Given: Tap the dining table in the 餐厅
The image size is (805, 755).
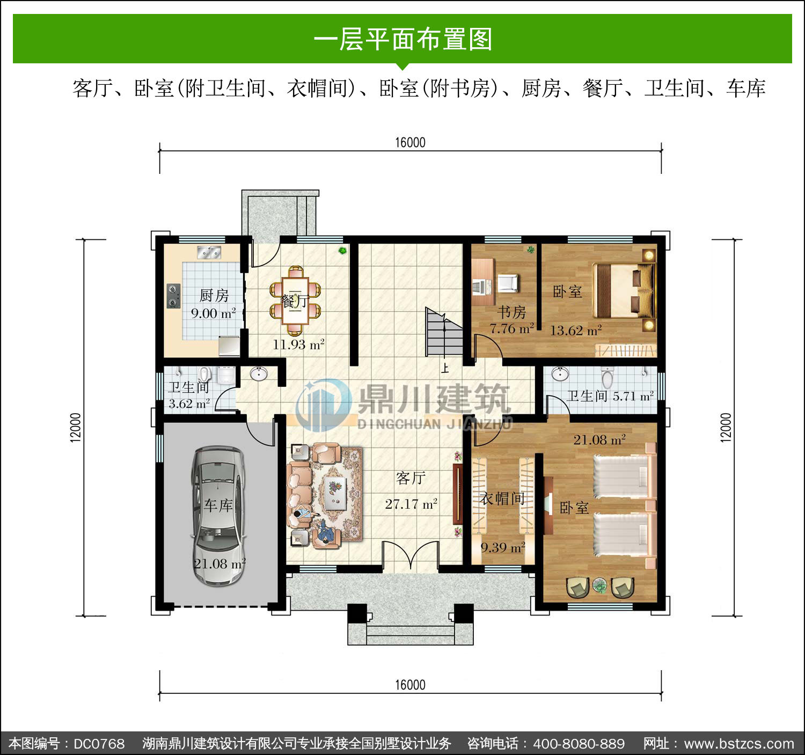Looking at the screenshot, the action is pos(296,300).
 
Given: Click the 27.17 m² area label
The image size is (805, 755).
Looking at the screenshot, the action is pos(411,504).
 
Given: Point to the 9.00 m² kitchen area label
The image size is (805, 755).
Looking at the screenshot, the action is pos(213,313).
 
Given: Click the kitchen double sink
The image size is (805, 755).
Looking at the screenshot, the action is pos(209,252).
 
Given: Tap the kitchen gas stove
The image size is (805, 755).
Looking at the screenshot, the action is pos(174,296).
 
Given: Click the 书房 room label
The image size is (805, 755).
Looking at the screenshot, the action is pos(511,312).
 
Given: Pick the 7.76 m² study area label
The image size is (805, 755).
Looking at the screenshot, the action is pos(511,328).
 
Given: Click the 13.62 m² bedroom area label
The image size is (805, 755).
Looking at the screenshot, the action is pos(576,331).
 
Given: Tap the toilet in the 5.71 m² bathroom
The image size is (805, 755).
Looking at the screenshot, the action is pos(607,377).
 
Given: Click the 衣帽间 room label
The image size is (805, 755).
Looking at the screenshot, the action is pos(502,499).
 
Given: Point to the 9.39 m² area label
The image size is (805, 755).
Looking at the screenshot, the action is pos(503,548).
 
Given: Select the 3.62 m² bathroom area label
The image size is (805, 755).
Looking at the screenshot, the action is pos(189,404).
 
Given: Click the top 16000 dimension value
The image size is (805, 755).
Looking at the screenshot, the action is pos(410,143).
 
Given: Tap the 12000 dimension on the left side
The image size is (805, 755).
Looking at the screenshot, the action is pos(76,427).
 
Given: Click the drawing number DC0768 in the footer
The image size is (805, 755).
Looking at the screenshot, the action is pos(99,744).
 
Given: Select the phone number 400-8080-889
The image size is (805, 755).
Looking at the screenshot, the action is pos(579,744).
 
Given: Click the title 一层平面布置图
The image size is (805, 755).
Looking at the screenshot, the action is pos(403,39).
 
